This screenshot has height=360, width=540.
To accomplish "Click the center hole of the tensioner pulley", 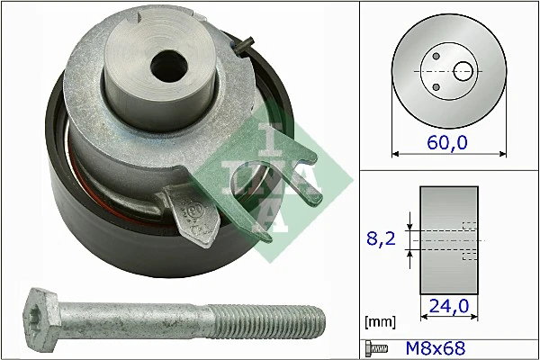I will (165, 65).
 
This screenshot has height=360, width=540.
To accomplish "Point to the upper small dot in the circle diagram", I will (436, 56).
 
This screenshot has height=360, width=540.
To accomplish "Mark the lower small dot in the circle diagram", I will (436, 86).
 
